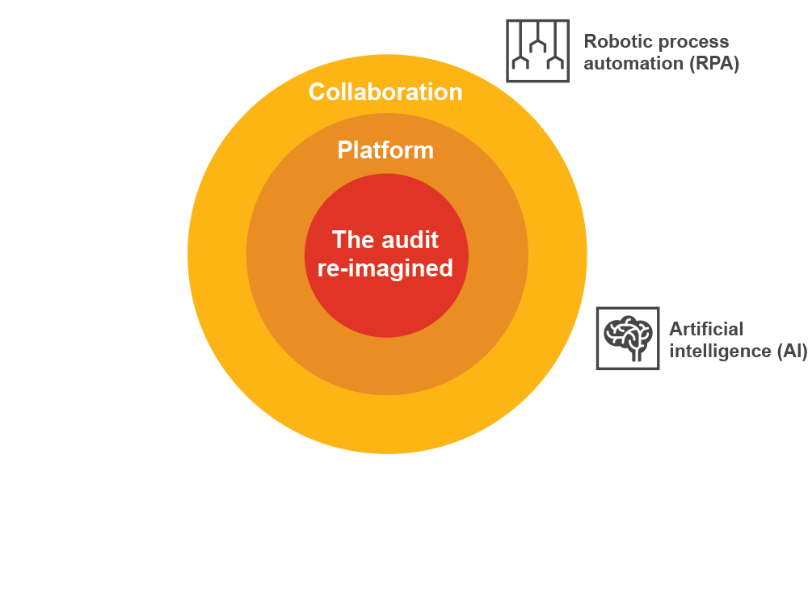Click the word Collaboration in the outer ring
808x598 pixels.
click(385, 92)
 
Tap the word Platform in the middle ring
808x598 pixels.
click(385, 150)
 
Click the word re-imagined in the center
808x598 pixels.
click(385, 268)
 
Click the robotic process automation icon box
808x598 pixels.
click(537, 51)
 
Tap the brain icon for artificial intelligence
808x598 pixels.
click(628, 338)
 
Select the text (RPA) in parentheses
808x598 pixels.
click(714, 64)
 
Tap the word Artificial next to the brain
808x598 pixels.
click(705, 329)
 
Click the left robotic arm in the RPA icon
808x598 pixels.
click(521, 61)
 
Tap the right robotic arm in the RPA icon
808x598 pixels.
click(553, 61)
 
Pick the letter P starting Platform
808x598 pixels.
click(344, 150)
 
